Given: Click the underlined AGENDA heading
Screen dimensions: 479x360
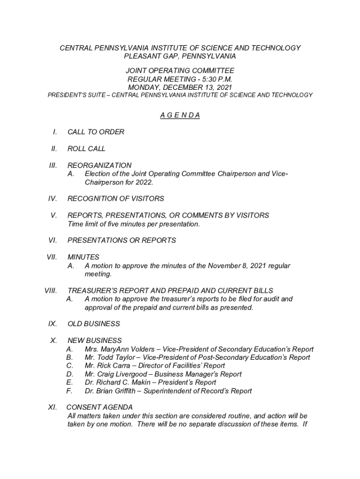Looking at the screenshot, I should coord(180,116).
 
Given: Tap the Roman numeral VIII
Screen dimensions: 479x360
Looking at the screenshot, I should coord(50,290).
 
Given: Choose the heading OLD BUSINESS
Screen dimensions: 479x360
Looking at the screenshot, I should coord(94,324).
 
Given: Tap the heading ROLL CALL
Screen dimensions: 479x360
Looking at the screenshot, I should coord(86,149).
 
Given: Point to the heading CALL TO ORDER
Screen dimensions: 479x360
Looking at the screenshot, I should coord(96,132).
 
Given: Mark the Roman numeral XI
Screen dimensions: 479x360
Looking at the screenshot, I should coord(52,407).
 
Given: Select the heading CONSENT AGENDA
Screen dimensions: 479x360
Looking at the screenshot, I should coord(100,407).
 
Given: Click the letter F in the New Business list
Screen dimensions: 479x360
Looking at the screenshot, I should coord(69,391).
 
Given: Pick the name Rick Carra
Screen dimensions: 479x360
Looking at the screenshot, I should coord(109,366).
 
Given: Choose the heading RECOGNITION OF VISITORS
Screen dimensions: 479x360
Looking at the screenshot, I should coord(115,199).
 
